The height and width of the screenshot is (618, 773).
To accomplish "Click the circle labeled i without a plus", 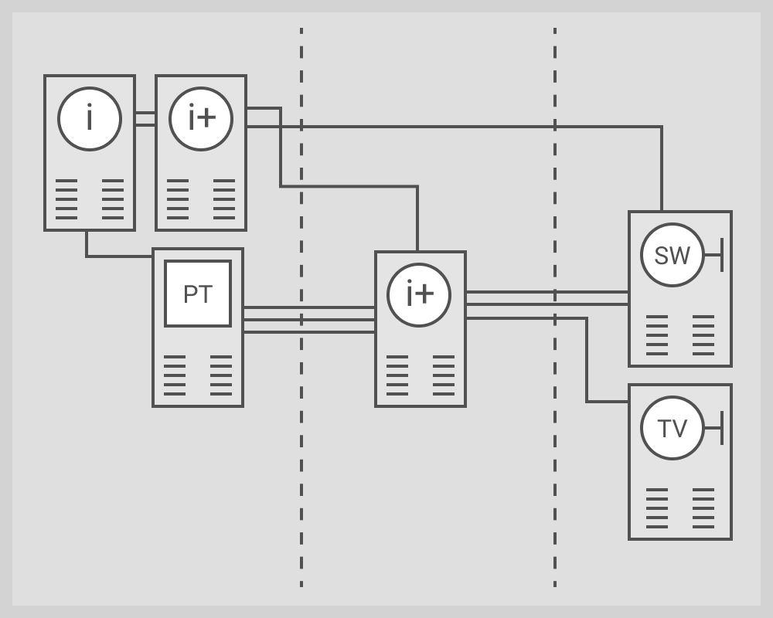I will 90,119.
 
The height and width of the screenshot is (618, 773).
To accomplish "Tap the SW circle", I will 672,255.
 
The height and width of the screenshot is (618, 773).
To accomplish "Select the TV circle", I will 672,428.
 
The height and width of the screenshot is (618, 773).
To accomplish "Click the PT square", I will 198,294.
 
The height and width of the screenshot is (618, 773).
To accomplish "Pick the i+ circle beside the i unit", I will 201,119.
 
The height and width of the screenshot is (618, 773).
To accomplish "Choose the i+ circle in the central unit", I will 419,295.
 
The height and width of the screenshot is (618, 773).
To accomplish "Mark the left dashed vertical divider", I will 301,463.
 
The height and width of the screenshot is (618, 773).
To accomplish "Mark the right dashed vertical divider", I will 555,463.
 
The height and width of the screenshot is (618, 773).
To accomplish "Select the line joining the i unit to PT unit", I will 116,256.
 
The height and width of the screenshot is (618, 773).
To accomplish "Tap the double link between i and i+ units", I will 145,119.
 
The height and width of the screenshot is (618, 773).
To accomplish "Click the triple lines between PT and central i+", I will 309,320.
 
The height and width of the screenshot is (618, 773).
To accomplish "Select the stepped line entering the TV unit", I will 587,363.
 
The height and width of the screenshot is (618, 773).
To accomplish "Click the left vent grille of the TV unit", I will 657,508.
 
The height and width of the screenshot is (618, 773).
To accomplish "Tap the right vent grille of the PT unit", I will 221,375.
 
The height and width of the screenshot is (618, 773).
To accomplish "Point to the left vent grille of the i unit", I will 66,199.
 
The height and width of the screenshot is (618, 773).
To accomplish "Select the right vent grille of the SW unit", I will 703,335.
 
